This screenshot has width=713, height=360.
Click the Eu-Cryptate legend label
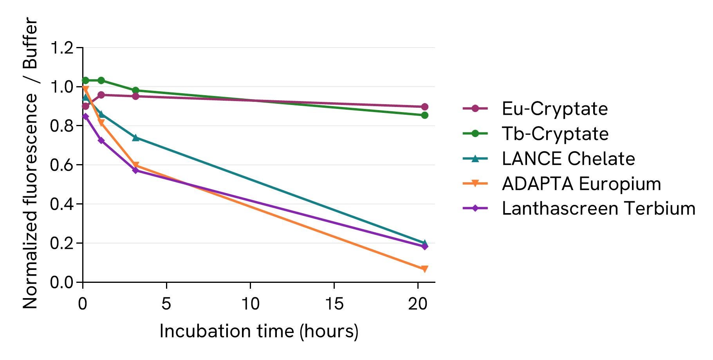click(554, 109)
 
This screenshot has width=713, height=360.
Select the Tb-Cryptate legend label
click(555, 134)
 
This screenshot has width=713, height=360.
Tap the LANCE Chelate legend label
click(568, 159)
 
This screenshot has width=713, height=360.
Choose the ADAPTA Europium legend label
click(581, 184)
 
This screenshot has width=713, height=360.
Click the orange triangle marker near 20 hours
click(424, 269)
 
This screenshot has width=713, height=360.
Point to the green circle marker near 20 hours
click(424, 115)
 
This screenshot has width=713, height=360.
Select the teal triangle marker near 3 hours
click(136, 137)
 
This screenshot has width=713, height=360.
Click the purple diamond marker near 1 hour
click(101, 140)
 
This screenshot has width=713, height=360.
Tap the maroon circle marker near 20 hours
click(424, 107)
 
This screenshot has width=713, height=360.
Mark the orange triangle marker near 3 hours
click(136, 166)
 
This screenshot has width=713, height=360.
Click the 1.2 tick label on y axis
click(62, 48)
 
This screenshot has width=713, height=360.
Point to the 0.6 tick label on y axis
click(62, 165)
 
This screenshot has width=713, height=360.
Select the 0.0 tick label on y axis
click(62, 282)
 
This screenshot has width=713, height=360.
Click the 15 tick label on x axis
click(334, 304)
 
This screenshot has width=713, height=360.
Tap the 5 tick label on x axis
click(166, 304)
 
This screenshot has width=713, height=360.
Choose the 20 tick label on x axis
click(418, 304)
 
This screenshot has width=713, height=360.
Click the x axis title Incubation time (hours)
click(259, 331)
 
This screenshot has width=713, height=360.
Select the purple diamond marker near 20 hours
click(424, 246)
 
